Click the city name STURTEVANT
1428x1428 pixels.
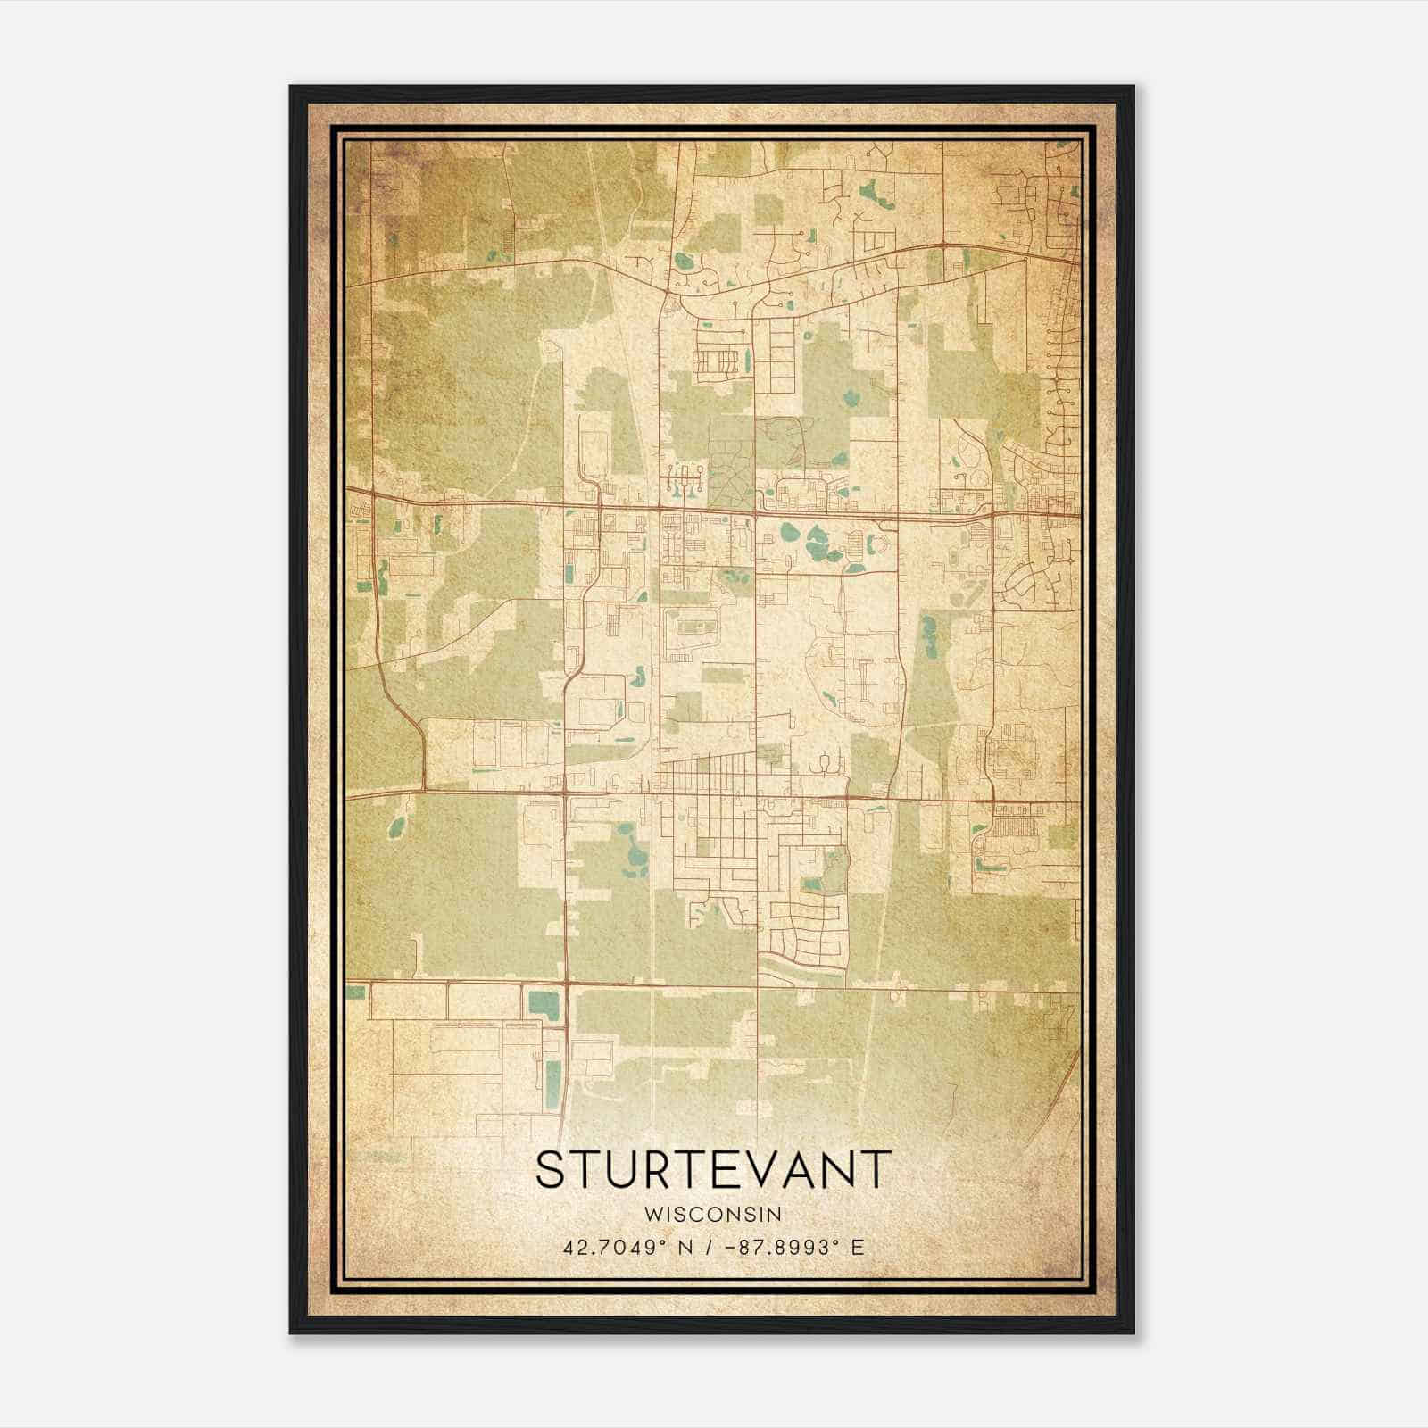pos(713,1169)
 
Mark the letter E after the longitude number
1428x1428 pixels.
pos(858,1247)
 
